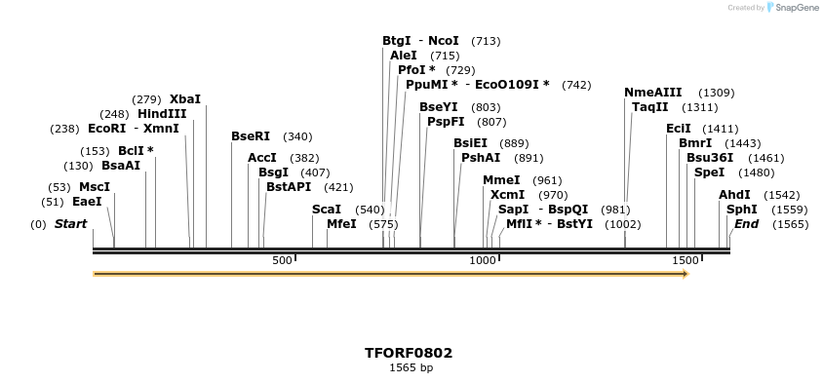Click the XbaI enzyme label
point(185,99)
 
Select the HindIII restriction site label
point(162,114)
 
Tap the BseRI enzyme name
point(251,136)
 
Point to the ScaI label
point(327,210)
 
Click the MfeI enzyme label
point(341,224)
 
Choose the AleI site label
point(404,56)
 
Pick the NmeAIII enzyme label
point(653,93)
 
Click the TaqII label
point(650,107)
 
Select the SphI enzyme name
point(741,210)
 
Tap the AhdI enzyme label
point(734,195)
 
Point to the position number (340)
point(297,136)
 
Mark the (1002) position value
point(622,224)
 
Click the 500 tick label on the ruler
point(282,260)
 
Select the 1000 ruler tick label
point(483,260)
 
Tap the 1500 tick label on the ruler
point(686,260)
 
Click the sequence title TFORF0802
point(409,353)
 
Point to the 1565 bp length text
point(410,367)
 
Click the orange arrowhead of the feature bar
point(686,274)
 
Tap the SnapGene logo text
point(798,8)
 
